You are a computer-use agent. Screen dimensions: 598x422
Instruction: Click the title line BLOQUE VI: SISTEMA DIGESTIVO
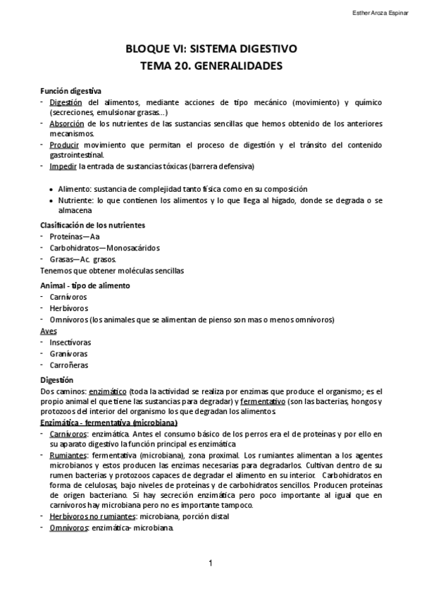point(211,49)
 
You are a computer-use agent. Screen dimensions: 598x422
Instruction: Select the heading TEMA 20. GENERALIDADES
point(211,66)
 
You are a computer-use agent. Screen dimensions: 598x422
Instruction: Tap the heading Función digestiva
point(70,92)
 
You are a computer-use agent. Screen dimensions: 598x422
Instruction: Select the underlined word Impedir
point(63,166)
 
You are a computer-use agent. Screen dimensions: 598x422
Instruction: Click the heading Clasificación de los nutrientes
point(92,225)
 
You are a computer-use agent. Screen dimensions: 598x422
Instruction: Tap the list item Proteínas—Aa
point(75,237)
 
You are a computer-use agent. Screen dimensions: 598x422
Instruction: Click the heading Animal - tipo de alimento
point(85,286)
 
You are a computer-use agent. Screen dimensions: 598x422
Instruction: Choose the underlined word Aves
point(49,331)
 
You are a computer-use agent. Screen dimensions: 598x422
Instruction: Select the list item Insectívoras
point(70,342)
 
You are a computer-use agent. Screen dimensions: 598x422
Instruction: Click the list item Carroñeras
point(69,365)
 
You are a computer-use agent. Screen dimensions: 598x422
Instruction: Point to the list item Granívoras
point(68,353)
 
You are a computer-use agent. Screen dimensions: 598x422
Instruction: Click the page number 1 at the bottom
point(211,563)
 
